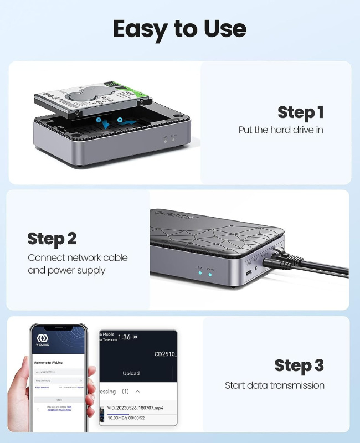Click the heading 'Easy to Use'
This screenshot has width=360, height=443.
pos(179,28)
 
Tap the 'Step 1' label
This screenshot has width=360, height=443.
pos(300,112)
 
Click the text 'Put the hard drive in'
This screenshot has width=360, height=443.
pos(281,130)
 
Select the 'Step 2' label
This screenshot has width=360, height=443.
pos(52,239)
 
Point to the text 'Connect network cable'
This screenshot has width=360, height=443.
pos(78,257)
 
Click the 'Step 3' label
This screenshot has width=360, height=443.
pos(299,365)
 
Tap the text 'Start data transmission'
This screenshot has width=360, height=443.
pos(275,385)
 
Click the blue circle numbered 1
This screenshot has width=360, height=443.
pos(98,119)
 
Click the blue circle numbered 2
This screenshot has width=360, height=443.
pos(120,119)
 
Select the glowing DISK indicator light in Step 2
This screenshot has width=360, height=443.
pos(199,274)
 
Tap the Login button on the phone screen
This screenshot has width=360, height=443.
pos(59,399)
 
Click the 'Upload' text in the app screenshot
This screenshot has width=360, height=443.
pos(131,373)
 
